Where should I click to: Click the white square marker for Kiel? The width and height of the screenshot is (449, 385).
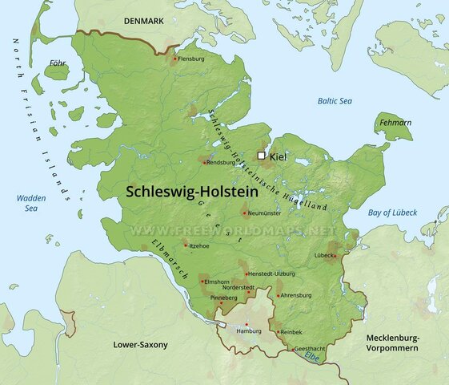tap(261, 156)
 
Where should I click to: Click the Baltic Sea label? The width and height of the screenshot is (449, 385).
tap(334, 100)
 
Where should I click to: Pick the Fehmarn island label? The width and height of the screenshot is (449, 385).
tap(394, 123)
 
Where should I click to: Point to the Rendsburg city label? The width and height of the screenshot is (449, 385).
tap(221, 161)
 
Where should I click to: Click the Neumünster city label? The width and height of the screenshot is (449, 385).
tap(266, 214)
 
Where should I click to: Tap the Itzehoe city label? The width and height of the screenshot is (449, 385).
tap(199, 245)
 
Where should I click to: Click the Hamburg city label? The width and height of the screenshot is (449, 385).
tap(250, 330)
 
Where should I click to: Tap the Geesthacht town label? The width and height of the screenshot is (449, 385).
tap(310, 349)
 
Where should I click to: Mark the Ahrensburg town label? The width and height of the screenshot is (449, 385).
tap(296, 295)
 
